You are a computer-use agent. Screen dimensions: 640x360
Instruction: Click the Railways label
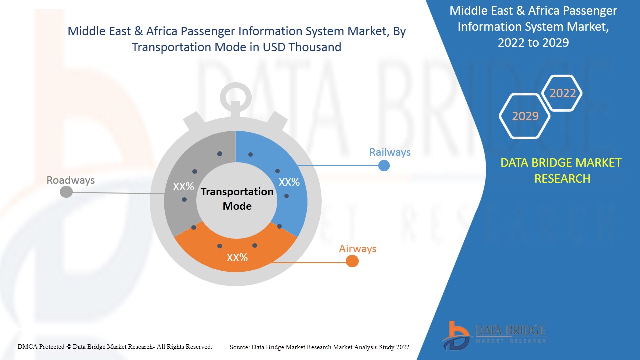tap(390, 152)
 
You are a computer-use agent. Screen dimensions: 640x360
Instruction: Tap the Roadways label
tap(71, 180)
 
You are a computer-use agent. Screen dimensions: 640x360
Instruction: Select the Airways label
tap(357, 249)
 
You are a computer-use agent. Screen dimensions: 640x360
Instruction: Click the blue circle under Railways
tap(384, 165)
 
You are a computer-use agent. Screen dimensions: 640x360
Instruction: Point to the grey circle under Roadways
tap(66, 192)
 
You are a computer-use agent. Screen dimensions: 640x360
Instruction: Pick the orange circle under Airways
tap(352, 261)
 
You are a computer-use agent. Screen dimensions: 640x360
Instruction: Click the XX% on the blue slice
tap(289, 182)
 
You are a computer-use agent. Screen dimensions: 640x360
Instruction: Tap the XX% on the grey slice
tap(183, 187)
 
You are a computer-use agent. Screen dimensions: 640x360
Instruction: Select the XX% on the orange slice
tap(237, 258)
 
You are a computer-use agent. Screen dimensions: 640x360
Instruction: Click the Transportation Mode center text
tap(237, 199)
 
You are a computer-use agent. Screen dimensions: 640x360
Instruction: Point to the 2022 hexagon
tap(562, 93)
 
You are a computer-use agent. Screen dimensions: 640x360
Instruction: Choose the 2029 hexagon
tap(525, 116)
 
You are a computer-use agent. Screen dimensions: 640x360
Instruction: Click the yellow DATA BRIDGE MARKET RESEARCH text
tap(561, 171)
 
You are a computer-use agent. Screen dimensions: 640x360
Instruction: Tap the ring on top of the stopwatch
tap(236, 85)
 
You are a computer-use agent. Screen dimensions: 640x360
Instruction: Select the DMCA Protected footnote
tap(115, 347)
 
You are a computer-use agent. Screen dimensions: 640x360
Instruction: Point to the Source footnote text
tap(319, 347)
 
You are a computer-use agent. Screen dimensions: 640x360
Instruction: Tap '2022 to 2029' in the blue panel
tap(533, 43)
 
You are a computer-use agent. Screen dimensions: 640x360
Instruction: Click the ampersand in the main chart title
tap(138, 31)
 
